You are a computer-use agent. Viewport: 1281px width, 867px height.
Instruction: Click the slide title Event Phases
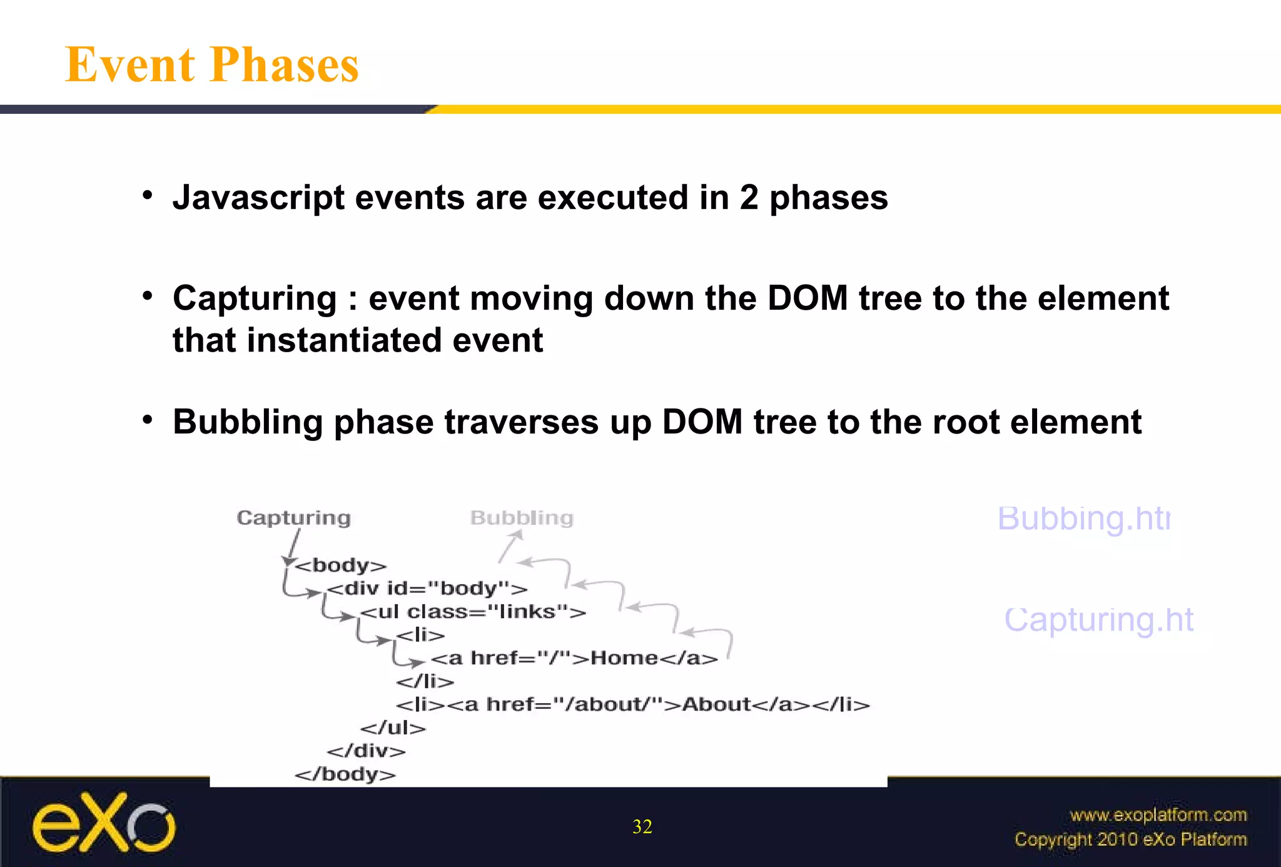tap(212, 65)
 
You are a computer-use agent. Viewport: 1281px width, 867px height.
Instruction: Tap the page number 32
tap(642, 827)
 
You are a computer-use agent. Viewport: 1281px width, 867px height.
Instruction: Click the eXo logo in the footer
tap(104, 823)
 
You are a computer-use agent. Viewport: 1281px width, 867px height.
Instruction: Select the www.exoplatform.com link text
tap(1158, 815)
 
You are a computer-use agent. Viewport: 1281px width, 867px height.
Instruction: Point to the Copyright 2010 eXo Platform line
tap(1130, 839)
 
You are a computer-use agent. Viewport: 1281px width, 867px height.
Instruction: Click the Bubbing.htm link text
tap(1083, 519)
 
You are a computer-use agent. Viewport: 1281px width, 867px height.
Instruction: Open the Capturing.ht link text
tap(1099, 620)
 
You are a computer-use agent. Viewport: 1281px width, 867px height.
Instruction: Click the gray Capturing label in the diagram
tap(293, 518)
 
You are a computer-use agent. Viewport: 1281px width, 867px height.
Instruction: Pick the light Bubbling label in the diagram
tap(522, 518)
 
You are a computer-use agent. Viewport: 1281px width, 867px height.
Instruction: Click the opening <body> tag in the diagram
tap(341, 565)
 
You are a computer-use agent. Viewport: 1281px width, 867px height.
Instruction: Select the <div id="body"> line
tap(427, 589)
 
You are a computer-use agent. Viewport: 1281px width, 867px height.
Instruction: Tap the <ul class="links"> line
tap(473, 612)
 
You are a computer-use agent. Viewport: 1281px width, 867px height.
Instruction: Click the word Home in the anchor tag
tap(624, 658)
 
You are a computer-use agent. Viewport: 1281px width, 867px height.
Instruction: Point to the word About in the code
tap(716, 705)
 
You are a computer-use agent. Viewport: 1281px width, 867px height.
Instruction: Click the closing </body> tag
tap(345, 774)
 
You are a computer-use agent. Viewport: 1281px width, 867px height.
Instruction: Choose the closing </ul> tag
tap(393, 728)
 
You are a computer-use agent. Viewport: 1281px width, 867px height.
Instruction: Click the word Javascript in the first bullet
tap(258, 198)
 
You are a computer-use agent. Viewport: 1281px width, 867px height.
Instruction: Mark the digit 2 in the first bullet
tap(749, 198)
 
